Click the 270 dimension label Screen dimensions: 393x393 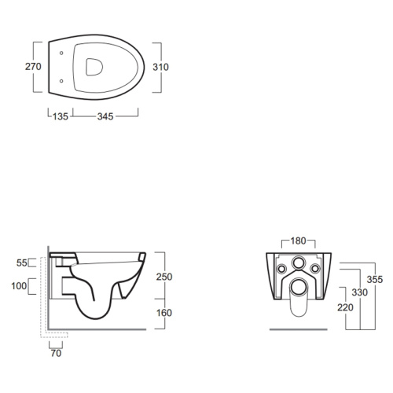coord(33,67)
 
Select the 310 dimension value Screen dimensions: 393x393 coord(160,67)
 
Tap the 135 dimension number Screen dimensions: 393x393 coord(61,116)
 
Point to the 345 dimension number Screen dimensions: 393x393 coord(105,116)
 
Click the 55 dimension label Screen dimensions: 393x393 coord(22,263)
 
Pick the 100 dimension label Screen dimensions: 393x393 coord(19,286)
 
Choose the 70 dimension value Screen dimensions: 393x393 coord(56,353)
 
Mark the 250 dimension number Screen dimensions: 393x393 coord(164,277)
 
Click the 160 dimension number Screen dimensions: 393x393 coord(164,313)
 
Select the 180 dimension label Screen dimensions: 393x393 coord(298,241)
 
